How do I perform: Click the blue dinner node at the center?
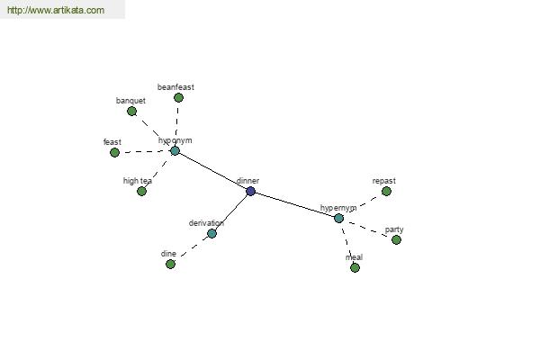[251, 191]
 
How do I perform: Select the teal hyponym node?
[175, 150]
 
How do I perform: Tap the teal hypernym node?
[339, 218]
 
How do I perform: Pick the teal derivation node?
[211, 234]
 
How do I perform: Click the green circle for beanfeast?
[178, 98]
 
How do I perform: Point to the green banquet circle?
[131, 112]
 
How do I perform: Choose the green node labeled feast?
[114, 152]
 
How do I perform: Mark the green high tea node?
[141, 191]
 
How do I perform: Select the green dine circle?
[170, 265]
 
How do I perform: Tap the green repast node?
[386, 191]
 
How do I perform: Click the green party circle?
[396, 239]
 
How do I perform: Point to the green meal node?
[355, 267]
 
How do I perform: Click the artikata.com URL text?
[56, 10]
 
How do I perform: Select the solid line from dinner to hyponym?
[212, 171]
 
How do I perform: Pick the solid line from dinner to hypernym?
[295, 204]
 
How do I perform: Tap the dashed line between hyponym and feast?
[145, 151]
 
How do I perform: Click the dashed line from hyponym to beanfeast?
[177, 124]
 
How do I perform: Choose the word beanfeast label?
[175, 87]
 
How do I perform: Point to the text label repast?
[384, 181]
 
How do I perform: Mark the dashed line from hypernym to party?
[368, 229]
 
